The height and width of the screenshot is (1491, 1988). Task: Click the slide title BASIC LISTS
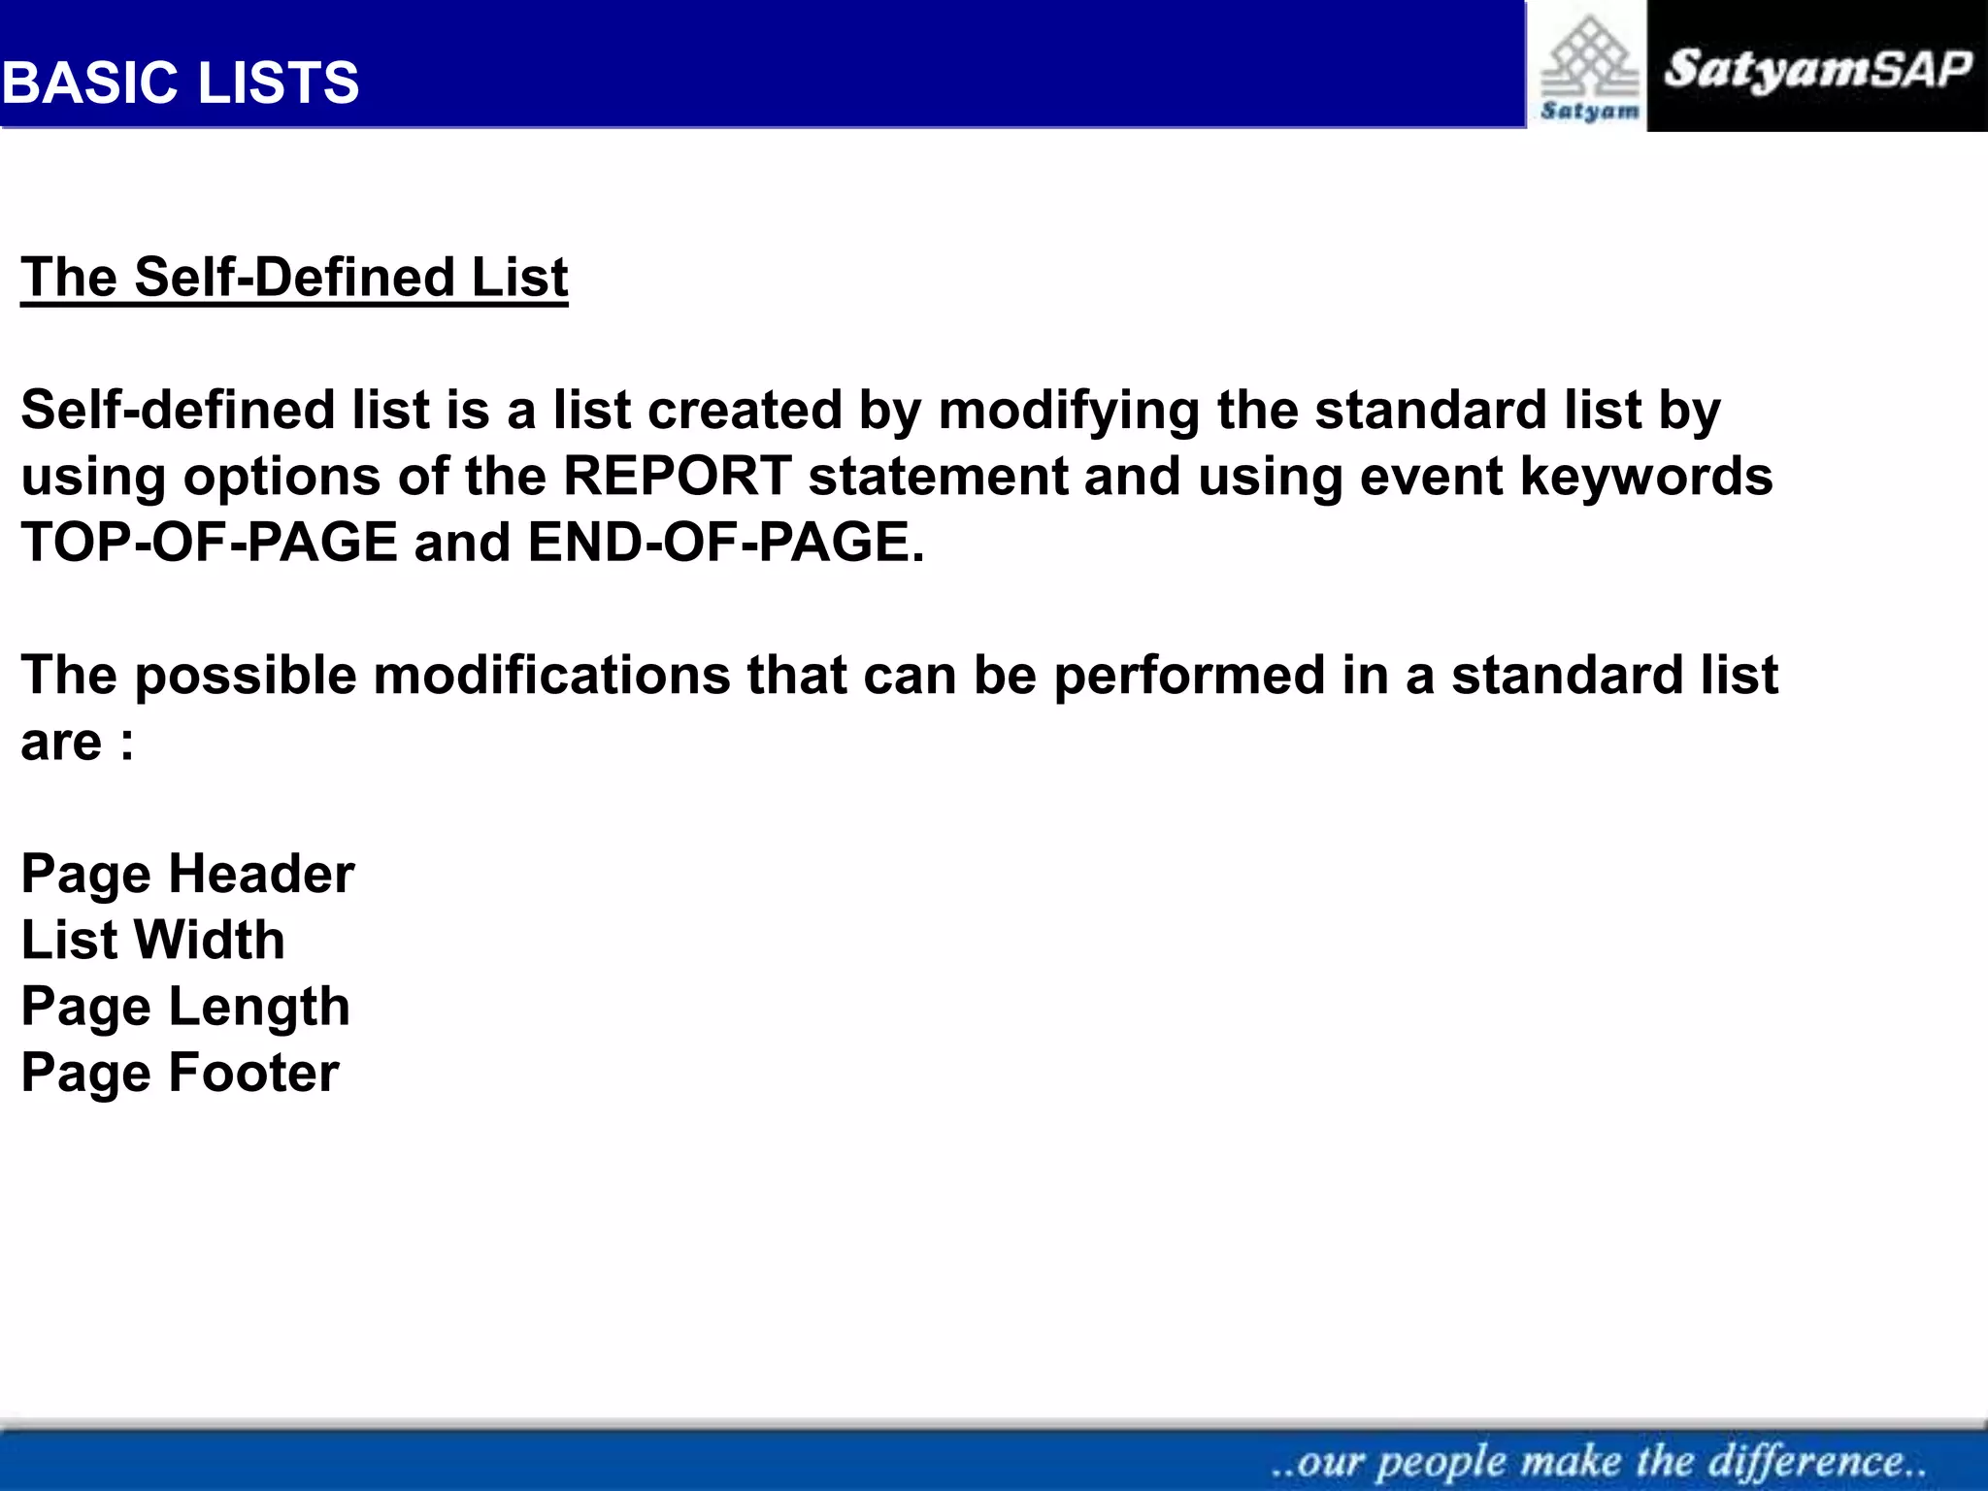pyautogui.click(x=181, y=83)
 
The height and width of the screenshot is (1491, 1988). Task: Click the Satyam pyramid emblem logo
pyautogui.click(x=1589, y=68)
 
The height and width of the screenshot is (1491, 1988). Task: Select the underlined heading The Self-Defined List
pyautogui.click(x=294, y=278)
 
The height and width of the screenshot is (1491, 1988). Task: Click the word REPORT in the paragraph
pyautogui.click(x=678, y=477)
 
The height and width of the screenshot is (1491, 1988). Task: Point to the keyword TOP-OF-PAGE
pyautogui.click(x=210, y=542)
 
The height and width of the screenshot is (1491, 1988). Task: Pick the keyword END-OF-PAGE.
pyautogui.click(x=725, y=542)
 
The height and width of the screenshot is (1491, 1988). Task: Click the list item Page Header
pyautogui.click(x=187, y=874)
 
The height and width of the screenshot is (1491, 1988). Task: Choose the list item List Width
pyautogui.click(x=153, y=940)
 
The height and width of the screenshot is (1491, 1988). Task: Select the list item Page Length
pyautogui.click(x=185, y=1007)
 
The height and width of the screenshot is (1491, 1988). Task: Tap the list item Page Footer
pyautogui.click(x=181, y=1073)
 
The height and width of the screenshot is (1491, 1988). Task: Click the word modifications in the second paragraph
pyautogui.click(x=551, y=675)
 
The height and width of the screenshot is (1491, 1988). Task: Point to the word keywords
pyautogui.click(x=1646, y=477)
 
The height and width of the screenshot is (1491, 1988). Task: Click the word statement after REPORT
pyautogui.click(x=938, y=477)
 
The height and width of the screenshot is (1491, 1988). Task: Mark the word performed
pyautogui.click(x=1190, y=675)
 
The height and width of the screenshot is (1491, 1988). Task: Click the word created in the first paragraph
pyautogui.click(x=745, y=411)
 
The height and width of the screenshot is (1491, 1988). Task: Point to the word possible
pyautogui.click(x=246, y=675)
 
